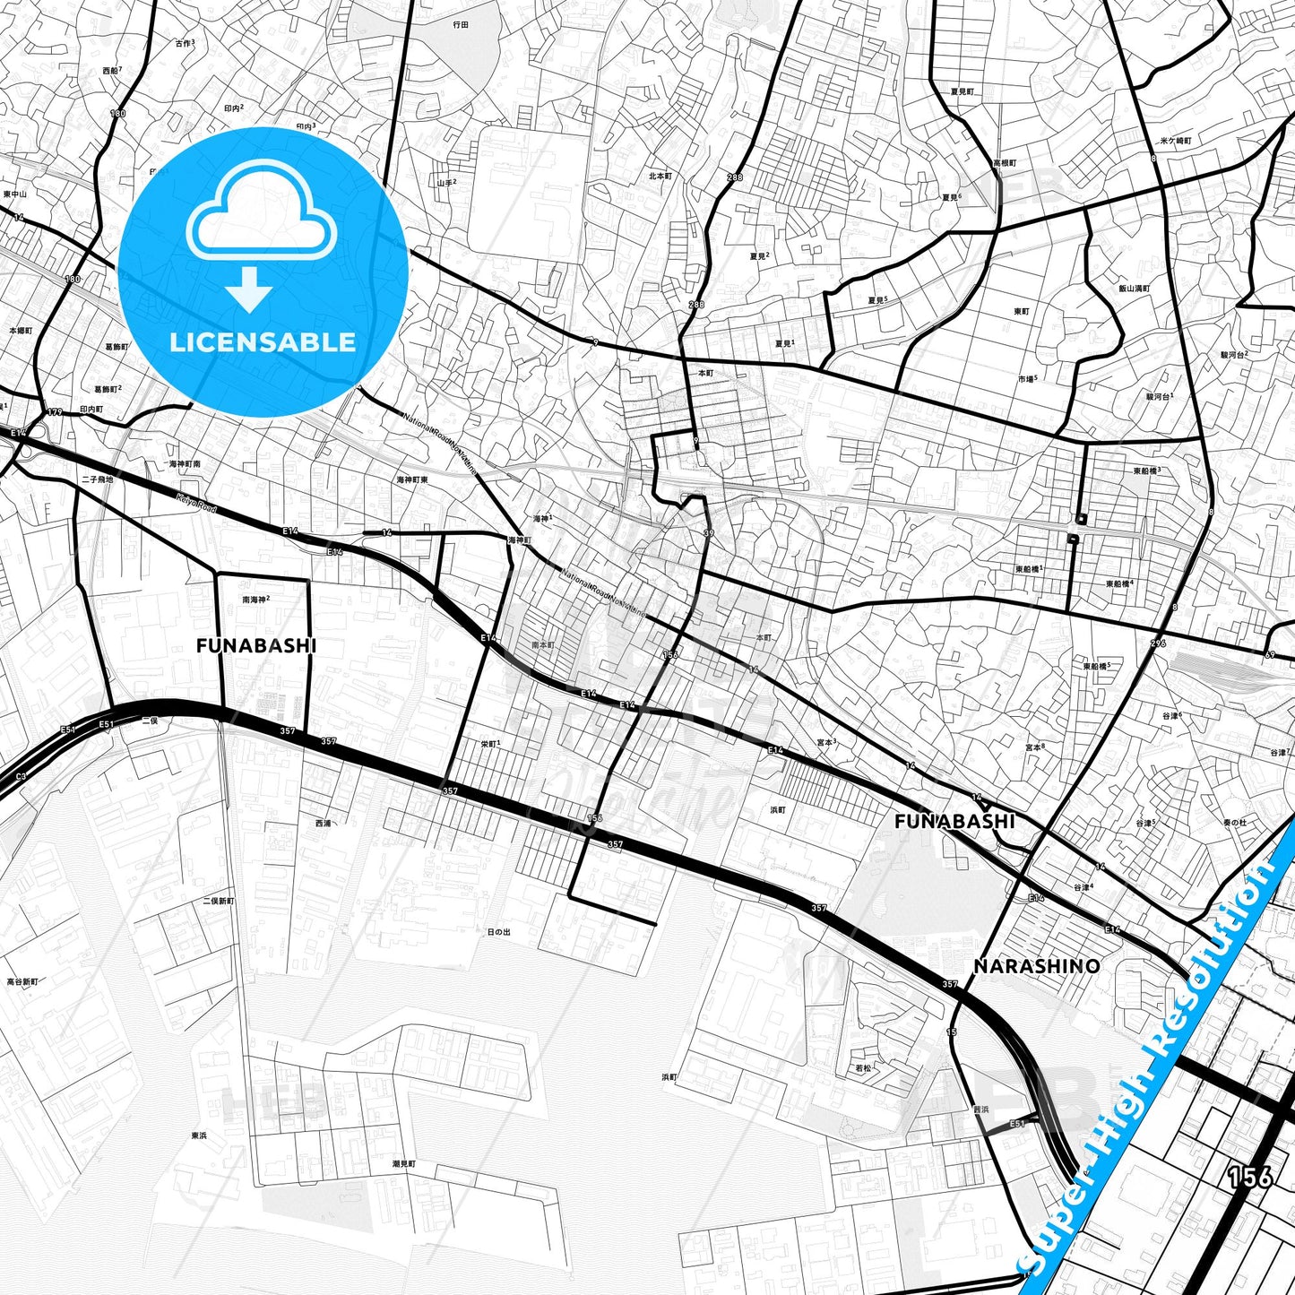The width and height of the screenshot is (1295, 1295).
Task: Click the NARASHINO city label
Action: click(x=1036, y=966)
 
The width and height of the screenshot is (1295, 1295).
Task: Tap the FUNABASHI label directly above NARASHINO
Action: click(x=954, y=821)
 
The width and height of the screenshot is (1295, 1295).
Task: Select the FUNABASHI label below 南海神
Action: click(x=256, y=645)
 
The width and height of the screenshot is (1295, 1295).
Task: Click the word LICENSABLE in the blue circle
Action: click(x=263, y=342)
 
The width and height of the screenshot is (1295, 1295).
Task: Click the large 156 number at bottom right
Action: click(x=1249, y=1176)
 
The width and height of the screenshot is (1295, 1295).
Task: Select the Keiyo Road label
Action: click(x=196, y=503)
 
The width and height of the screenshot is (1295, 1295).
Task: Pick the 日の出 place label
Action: click(x=498, y=932)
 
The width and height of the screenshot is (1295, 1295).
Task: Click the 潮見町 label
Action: click(x=404, y=1164)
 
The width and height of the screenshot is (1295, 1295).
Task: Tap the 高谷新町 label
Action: click(x=22, y=982)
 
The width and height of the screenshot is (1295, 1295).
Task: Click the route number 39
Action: click(x=709, y=533)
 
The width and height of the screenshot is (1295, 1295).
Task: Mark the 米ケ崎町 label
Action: click(x=1176, y=141)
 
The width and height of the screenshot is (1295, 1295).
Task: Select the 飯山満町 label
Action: click(x=1134, y=289)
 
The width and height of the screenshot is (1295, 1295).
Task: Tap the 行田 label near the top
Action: click(x=461, y=25)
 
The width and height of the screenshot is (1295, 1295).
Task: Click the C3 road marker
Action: click(x=21, y=776)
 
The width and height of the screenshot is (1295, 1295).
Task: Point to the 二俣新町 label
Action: click(x=218, y=901)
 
